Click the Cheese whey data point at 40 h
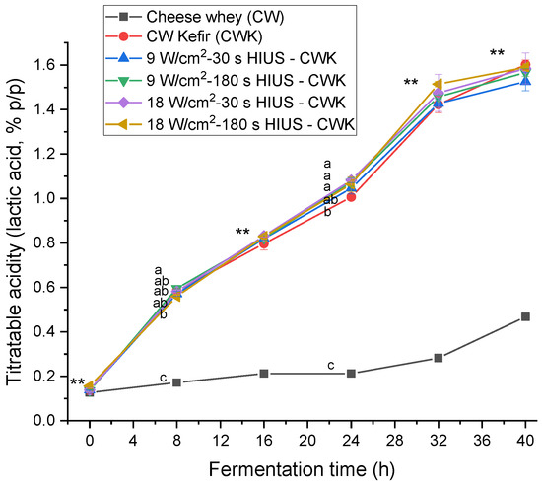[525, 316]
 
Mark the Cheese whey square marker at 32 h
[439, 358]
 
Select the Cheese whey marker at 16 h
[264, 374]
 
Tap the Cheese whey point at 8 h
[177, 382]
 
